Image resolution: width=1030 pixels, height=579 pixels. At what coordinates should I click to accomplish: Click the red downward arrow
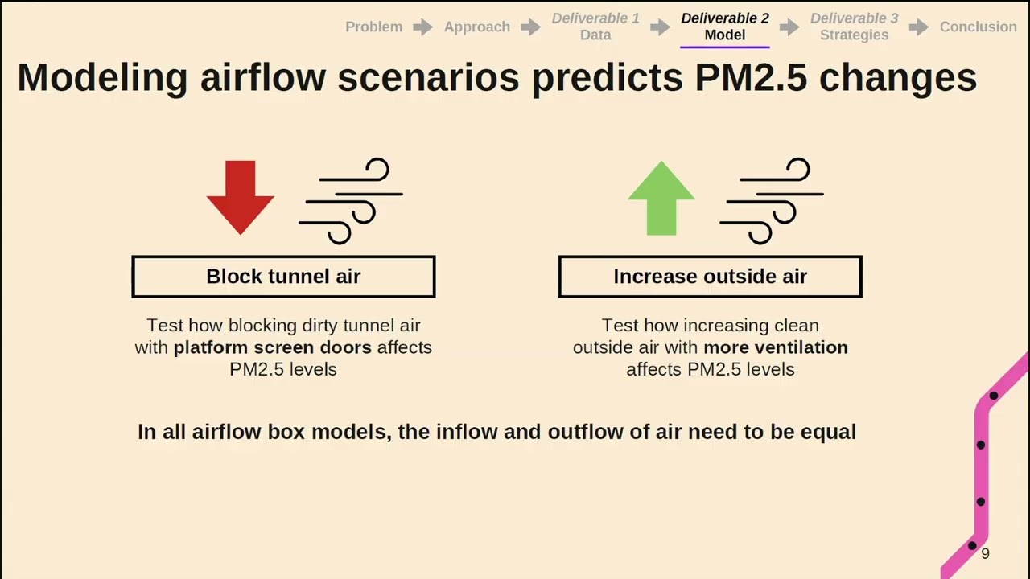[x=240, y=195]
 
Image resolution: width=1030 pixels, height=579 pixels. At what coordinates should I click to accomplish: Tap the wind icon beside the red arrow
[x=351, y=200]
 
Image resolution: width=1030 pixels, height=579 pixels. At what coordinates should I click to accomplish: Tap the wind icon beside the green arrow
[x=771, y=200]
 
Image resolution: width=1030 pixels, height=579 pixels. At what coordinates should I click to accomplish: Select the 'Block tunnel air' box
[x=283, y=277]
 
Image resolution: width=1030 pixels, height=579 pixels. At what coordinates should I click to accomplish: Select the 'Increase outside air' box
[x=710, y=277]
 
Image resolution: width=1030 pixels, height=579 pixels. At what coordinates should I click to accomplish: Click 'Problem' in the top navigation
[x=373, y=27]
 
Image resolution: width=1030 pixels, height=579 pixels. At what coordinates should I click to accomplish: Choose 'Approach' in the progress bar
[x=476, y=27]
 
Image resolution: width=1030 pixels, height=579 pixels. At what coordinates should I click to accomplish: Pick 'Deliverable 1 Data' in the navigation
[x=595, y=27]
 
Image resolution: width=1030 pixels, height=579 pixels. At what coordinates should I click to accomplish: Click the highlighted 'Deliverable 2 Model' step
[x=724, y=27]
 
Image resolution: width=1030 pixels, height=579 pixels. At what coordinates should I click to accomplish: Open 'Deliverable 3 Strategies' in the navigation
[x=854, y=27]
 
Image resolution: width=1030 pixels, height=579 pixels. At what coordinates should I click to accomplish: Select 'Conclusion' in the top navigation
[x=978, y=27]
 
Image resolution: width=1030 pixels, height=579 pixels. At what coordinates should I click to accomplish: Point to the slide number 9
[x=985, y=553]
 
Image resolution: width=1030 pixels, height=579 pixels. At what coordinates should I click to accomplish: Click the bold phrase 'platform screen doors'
[x=272, y=347]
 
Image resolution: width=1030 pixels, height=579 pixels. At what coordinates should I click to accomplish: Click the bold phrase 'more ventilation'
[x=775, y=347]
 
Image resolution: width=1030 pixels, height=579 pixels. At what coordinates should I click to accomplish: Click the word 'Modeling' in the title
[x=102, y=78]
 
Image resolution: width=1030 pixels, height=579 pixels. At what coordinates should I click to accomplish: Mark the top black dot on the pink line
[x=994, y=396]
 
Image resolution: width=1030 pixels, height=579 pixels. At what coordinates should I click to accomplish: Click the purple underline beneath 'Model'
[x=724, y=47]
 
